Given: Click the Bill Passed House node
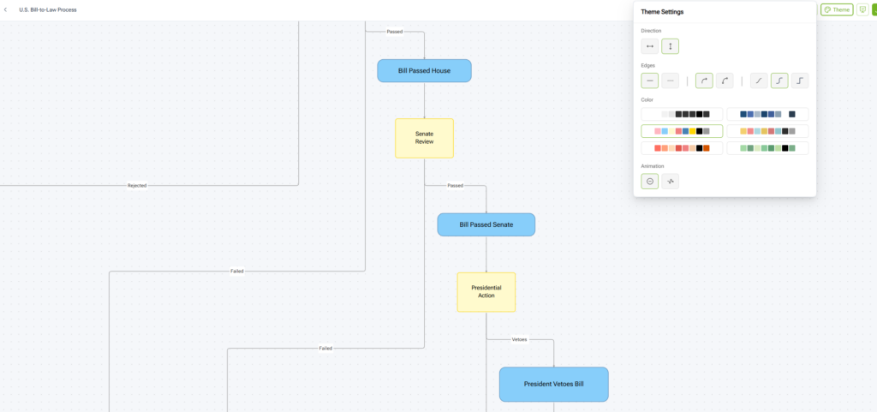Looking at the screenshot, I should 424,70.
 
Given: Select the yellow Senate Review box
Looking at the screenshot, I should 424,138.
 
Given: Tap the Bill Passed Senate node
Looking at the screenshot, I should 486,224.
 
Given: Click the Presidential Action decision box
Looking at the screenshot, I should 486,291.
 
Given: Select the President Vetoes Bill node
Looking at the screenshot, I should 553,385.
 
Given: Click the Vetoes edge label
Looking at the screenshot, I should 519,339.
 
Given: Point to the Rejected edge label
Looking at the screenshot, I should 137,185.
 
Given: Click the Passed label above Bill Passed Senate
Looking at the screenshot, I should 455,185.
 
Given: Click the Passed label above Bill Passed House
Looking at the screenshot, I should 394,32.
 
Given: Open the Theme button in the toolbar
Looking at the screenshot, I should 837,10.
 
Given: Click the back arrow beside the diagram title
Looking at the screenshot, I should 7,10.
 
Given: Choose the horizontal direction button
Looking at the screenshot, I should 650,46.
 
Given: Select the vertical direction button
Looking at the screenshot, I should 670,46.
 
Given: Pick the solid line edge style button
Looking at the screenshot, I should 650,81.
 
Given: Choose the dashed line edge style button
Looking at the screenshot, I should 670,81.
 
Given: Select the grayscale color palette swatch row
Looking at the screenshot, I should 682,114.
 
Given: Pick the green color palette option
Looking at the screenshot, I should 767,148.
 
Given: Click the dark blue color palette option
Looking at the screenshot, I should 767,114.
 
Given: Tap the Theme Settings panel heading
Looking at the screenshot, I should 662,12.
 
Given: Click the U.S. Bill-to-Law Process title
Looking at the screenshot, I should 47,10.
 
